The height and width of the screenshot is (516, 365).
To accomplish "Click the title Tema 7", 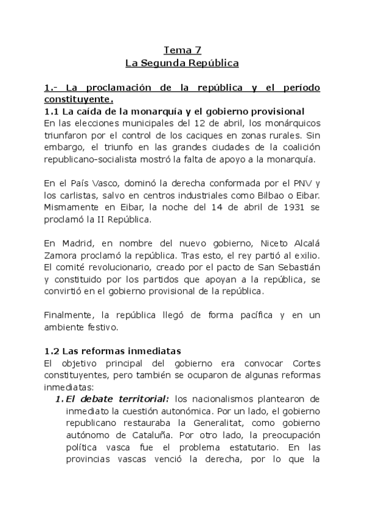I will point(182,50).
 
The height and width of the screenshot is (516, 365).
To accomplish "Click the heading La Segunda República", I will point(182,63).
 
